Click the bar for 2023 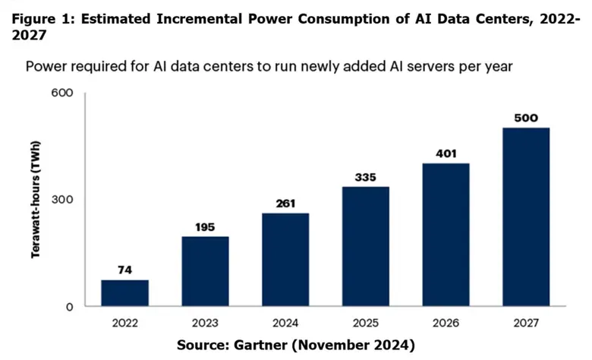(x=205, y=271)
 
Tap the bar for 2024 (x=285, y=260)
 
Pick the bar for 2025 (x=365, y=246)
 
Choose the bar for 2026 (x=446, y=235)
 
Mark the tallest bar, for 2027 (x=526, y=216)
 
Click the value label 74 (x=124, y=270)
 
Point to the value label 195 (x=205, y=226)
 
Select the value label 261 (x=285, y=203)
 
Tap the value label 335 (x=365, y=177)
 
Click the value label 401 (x=446, y=153)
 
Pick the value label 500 (x=526, y=118)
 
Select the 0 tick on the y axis (x=68, y=307)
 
